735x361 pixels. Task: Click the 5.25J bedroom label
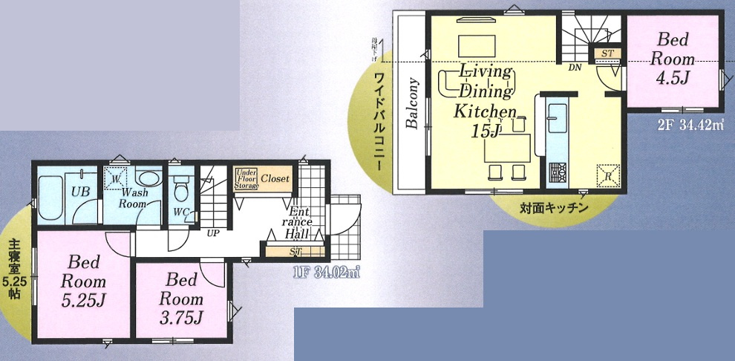click(83, 282)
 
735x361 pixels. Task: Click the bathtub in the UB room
click(51, 198)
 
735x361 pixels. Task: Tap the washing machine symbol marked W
click(115, 178)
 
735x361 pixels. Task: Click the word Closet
click(275, 179)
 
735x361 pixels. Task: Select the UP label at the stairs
click(212, 232)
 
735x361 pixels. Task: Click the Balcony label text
click(413, 103)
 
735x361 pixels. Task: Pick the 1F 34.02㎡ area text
click(326, 272)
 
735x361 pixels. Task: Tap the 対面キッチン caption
click(555, 208)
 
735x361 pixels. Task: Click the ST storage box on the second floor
click(607, 53)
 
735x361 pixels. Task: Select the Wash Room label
click(134, 198)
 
